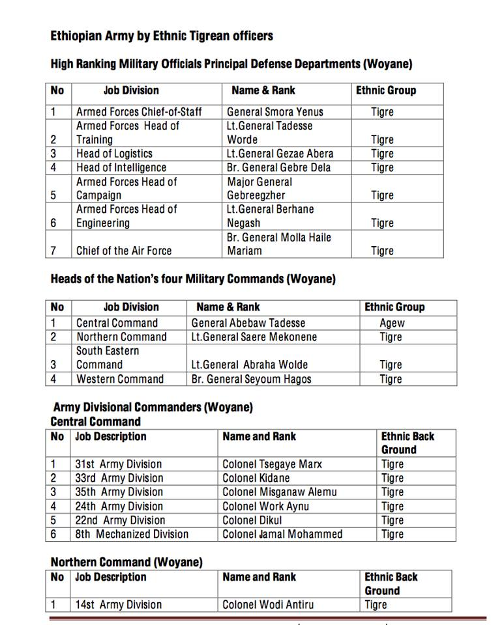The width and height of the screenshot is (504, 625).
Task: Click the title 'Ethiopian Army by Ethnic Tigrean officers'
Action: coord(162,36)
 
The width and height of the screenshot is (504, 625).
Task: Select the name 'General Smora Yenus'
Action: coord(274,112)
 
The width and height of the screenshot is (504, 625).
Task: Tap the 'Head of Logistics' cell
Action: coord(114,154)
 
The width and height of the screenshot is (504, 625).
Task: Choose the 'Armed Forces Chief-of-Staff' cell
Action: coord(139,112)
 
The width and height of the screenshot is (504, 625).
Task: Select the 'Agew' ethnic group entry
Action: coord(392,323)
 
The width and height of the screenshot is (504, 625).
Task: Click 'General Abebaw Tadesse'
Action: coord(248,323)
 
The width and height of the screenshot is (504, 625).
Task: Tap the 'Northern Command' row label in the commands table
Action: coord(121,337)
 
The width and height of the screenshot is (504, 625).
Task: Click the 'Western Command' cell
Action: coord(120,379)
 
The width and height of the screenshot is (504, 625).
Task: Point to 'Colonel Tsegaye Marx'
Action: coord(272,464)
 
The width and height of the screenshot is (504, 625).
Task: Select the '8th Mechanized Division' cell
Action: coord(132,534)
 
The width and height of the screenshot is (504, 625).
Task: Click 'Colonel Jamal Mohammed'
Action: coord(282,534)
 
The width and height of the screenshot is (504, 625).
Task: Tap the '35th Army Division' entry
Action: coord(119,492)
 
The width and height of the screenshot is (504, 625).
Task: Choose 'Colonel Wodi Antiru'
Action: coord(268,605)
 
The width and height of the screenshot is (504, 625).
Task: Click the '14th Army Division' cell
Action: coord(118,605)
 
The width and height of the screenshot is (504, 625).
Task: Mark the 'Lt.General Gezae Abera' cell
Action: coord(280,154)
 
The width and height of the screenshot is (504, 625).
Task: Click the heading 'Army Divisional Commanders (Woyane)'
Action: coord(153,408)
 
